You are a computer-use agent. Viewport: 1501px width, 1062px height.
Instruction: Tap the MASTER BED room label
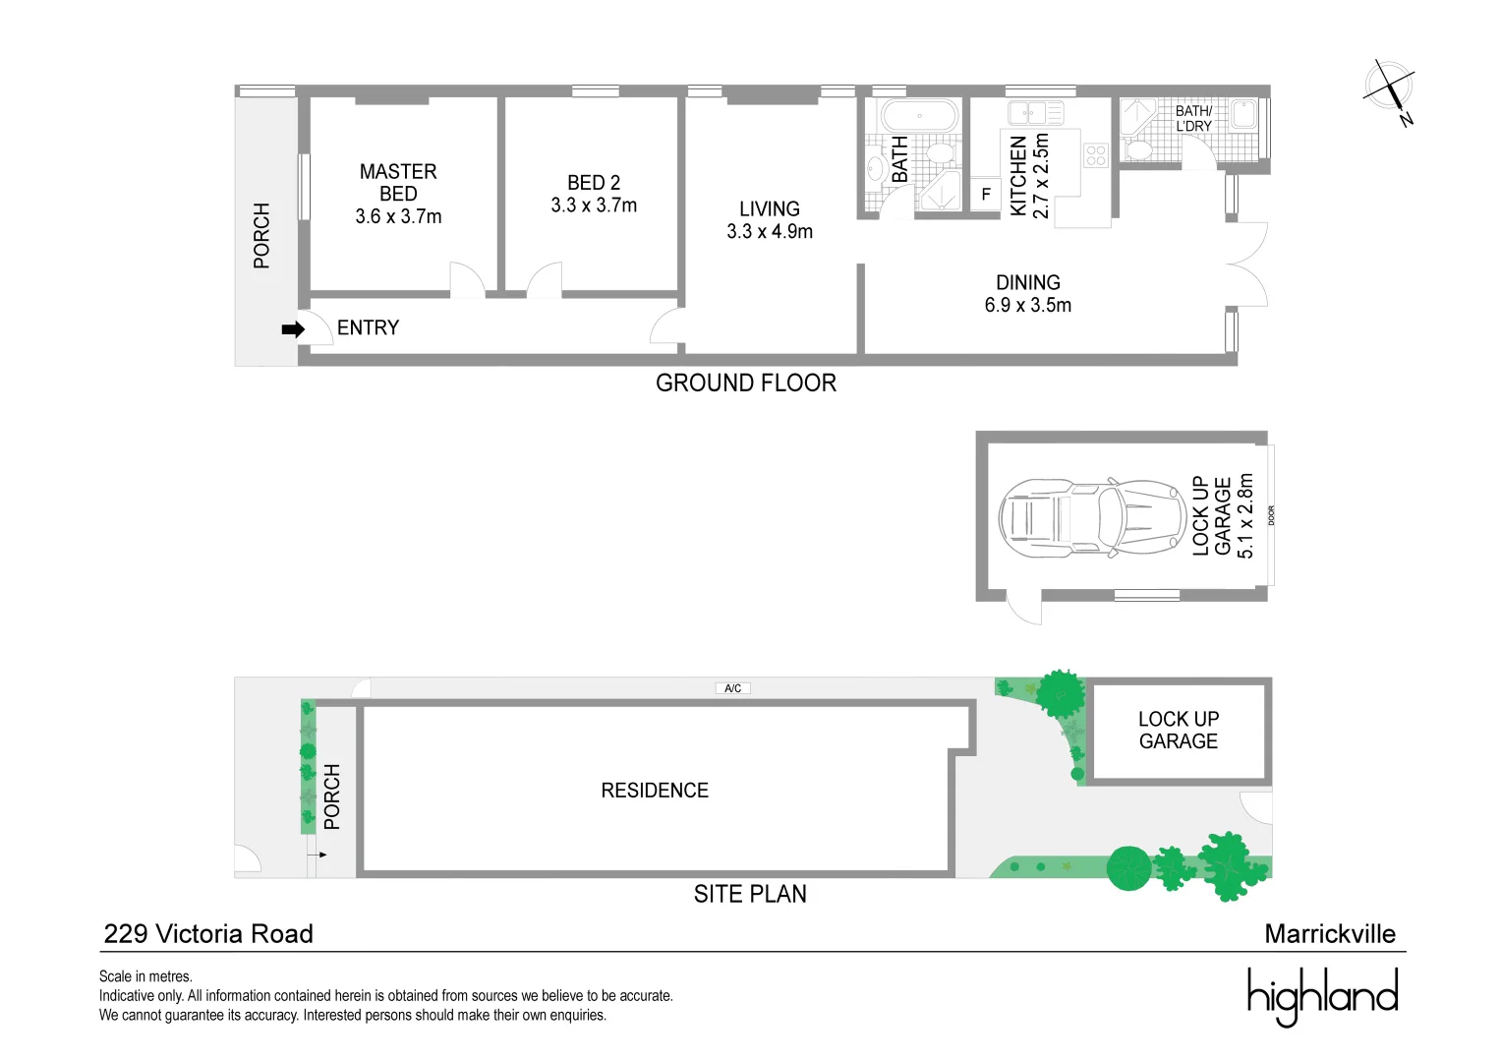[x=398, y=183]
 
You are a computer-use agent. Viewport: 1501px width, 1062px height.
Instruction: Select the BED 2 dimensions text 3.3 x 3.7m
[x=594, y=206]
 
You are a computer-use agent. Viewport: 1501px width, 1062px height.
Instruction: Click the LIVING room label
[x=770, y=208]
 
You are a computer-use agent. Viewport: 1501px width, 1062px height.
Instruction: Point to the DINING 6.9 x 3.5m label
[x=1028, y=294]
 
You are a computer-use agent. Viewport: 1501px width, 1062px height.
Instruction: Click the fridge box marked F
[x=986, y=194]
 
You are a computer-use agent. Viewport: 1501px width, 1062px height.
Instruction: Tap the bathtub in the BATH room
[x=919, y=115]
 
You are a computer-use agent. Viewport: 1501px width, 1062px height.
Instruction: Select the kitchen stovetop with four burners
[x=1096, y=154]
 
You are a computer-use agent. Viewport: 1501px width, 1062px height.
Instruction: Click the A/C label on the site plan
[x=732, y=688]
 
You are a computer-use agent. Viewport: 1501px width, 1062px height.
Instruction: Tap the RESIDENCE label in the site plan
[x=655, y=791]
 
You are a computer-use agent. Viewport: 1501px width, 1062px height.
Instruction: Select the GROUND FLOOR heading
[x=746, y=383]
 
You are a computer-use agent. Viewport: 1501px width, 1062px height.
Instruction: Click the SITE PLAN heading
[x=750, y=894]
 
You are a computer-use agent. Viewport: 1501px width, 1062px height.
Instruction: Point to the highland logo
[x=1322, y=995]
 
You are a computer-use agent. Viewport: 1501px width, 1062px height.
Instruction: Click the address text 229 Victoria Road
[x=208, y=934]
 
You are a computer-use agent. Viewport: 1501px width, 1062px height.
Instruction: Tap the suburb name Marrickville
[x=1329, y=934]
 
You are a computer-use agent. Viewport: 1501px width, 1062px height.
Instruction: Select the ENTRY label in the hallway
[x=368, y=327]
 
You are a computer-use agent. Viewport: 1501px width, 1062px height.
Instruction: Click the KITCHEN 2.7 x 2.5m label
[x=1029, y=175]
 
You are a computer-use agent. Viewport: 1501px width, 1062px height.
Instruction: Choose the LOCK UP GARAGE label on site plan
[x=1178, y=731]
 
